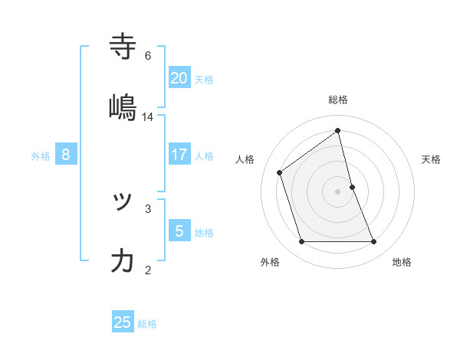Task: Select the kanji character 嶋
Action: click(123, 108)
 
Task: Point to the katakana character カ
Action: click(123, 261)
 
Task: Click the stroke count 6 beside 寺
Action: click(148, 55)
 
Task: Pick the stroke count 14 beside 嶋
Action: click(148, 116)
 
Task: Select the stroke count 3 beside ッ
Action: click(148, 208)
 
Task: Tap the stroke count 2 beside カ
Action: click(148, 269)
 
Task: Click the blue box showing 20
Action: click(179, 77)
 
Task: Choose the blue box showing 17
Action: click(179, 154)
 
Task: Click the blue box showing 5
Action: click(179, 231)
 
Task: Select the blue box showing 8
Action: click(66, 154)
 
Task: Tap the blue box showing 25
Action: click(123, 322)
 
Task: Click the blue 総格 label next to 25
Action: click(147, 324)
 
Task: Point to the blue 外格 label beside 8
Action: click(41, 156)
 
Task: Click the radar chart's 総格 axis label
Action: click(338, 100)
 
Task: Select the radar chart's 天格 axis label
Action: click(432, 159)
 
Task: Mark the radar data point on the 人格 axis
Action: click(280, 172)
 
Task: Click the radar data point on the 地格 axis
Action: click(374, 242)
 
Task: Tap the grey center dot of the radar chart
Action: click(338, 191)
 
